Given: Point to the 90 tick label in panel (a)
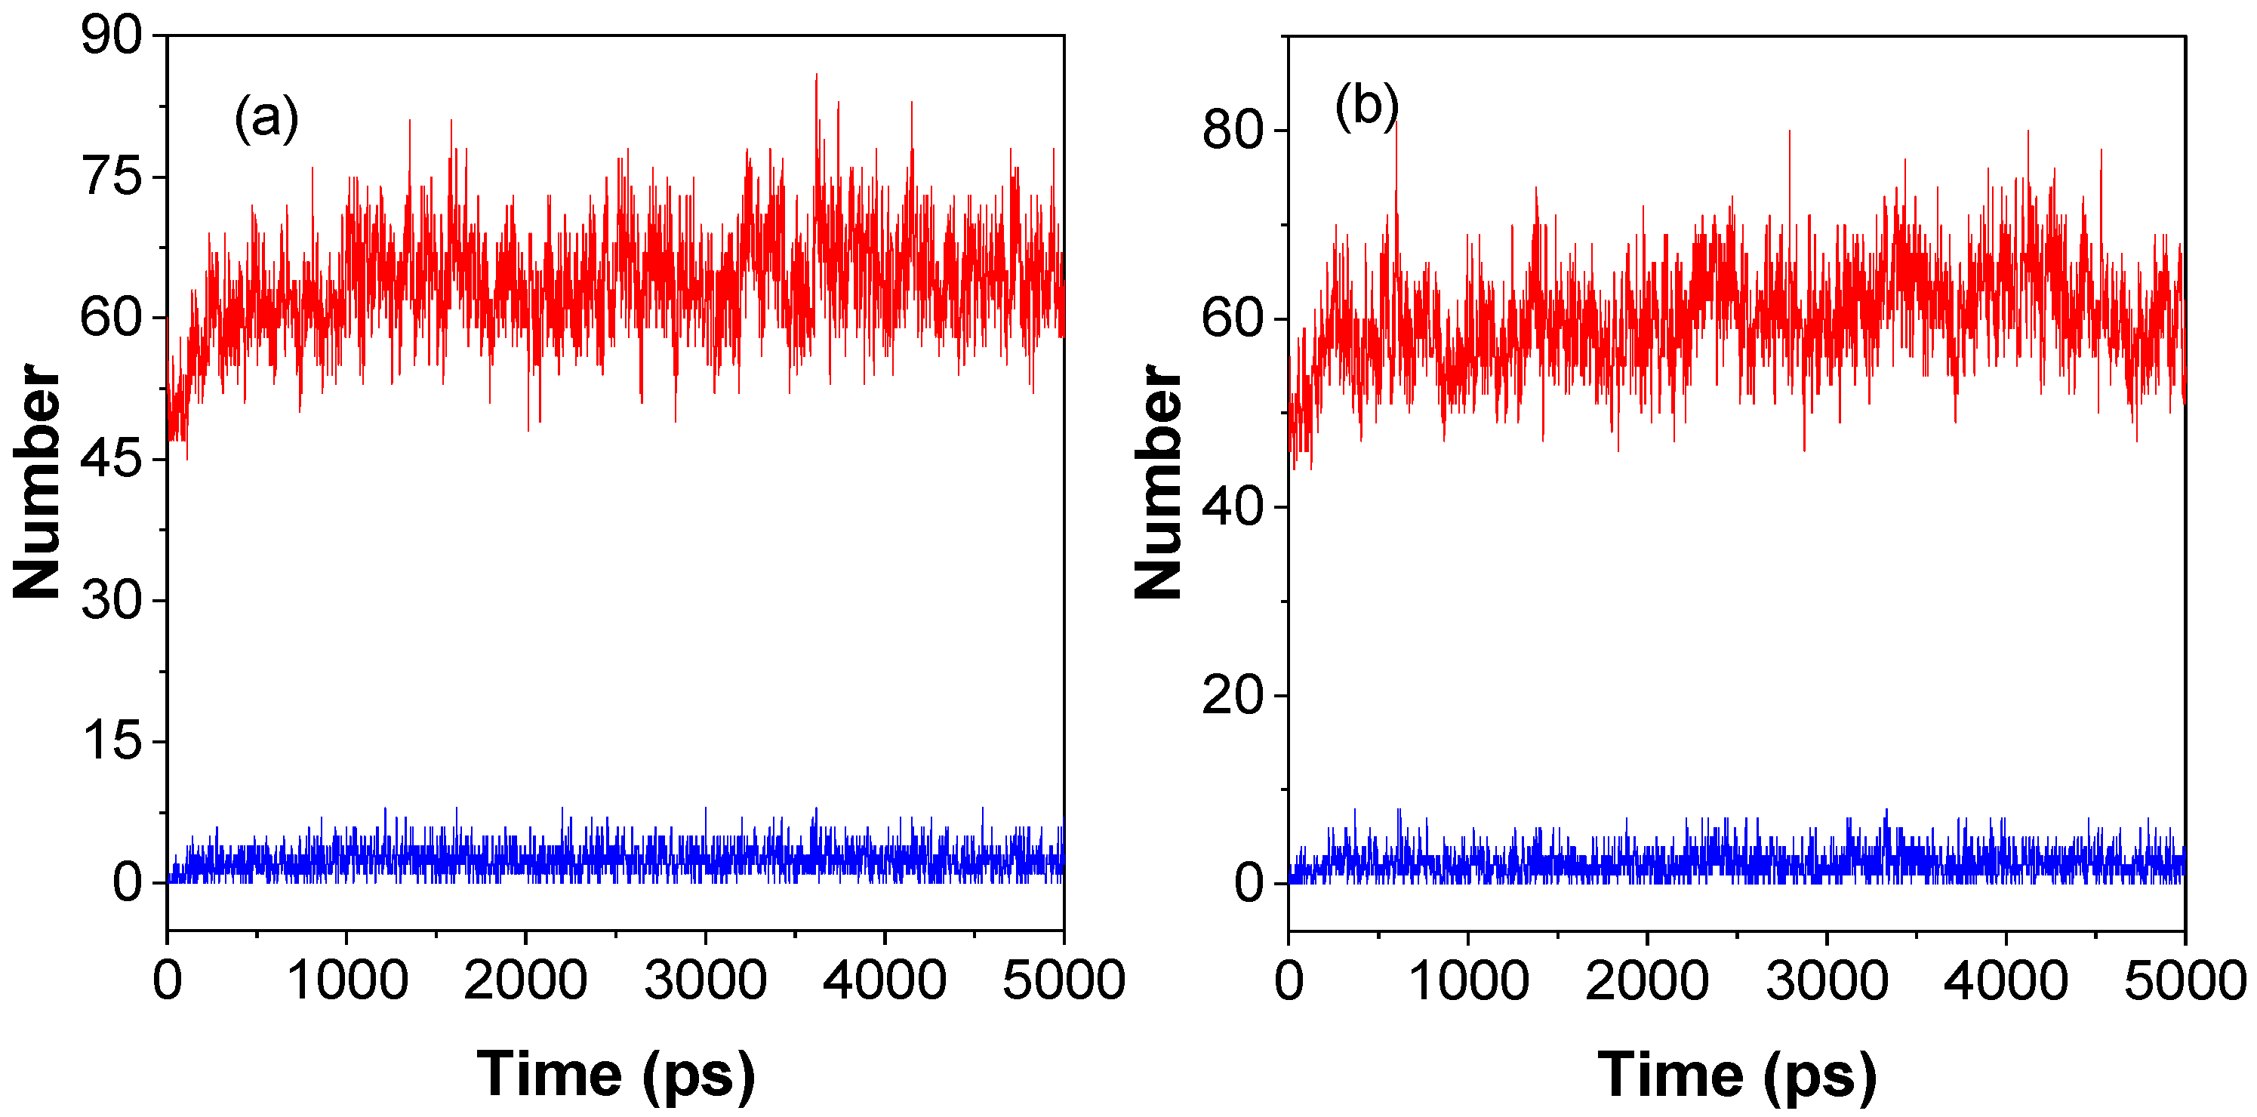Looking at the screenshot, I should pos(110,37).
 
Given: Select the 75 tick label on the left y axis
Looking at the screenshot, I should pos(110,177).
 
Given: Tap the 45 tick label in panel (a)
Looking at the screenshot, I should pos(110,459).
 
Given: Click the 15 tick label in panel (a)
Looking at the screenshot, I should pos(110,741).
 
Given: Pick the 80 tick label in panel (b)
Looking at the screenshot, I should pos(1232,131).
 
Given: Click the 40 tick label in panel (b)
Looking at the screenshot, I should pos(1232,507).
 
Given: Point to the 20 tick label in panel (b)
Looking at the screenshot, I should pos(1232,696).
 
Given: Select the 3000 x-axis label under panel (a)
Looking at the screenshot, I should pos(705,980).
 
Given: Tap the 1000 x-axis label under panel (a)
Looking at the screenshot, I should pos(347,980).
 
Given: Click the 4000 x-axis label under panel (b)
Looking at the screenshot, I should pos(2006,980).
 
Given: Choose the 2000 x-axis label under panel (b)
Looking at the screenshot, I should pos(1647,980).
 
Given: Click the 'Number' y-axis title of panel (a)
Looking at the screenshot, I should pos(37,482).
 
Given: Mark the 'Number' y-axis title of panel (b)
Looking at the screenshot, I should pos(1158,482).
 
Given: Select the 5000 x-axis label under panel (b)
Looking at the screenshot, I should pos(2183,980).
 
